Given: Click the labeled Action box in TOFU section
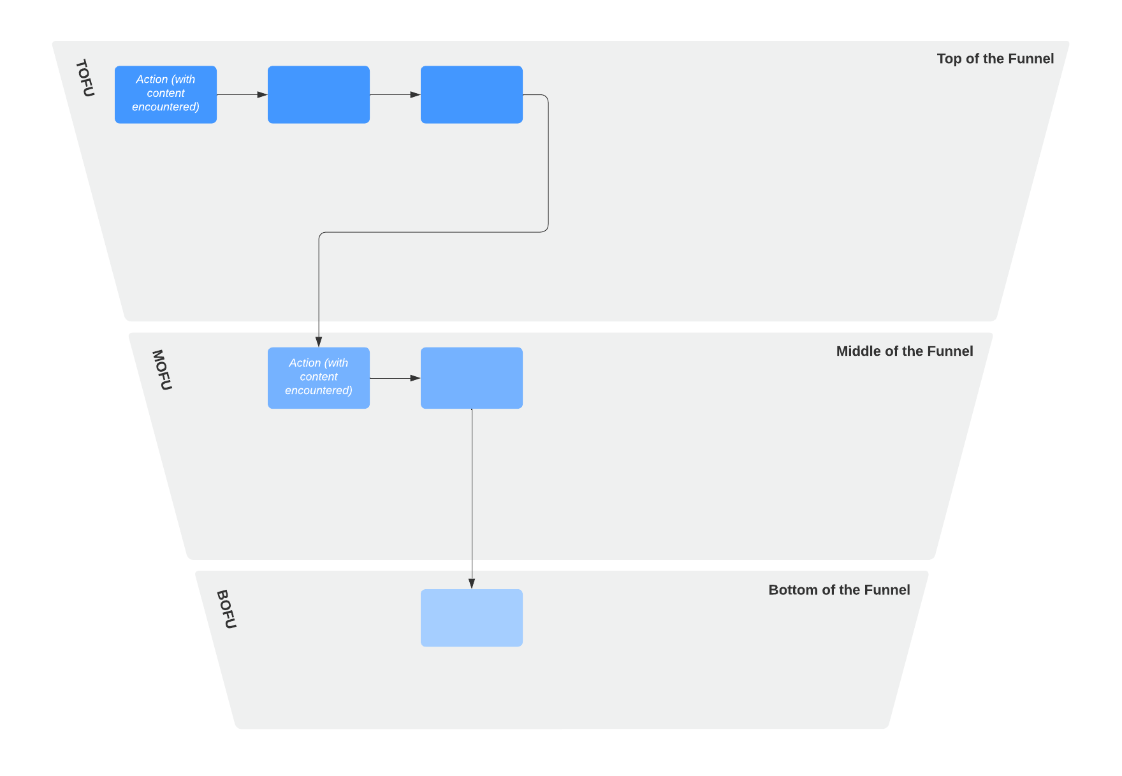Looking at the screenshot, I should tap(166, 94).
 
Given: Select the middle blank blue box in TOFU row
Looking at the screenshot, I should tap(319, 94).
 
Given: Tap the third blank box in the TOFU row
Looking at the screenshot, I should tap(472, 94).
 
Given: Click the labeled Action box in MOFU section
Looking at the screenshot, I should tap(319, 377).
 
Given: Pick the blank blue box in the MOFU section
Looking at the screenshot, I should tap(472, 377).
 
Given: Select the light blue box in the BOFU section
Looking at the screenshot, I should tap(472, 617).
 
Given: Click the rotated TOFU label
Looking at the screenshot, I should tap(85, 78).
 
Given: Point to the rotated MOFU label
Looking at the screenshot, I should tap(162, 370).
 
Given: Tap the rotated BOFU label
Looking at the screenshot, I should tap(226, 609).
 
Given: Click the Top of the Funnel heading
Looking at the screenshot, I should tap(994, 59).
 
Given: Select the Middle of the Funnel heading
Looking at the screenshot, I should tap(904, 351).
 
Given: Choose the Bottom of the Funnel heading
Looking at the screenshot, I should tap(839, 590).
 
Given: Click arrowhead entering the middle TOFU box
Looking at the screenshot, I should tap(262, 94).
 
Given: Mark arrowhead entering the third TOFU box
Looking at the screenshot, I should tap(415, 94).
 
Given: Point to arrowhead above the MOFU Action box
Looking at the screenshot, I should tap(319, 342).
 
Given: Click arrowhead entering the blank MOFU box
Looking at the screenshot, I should tap(415, 378).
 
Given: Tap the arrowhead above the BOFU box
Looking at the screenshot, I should tap(472, 583).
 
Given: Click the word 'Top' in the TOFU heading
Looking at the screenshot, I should tap(949, 59).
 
